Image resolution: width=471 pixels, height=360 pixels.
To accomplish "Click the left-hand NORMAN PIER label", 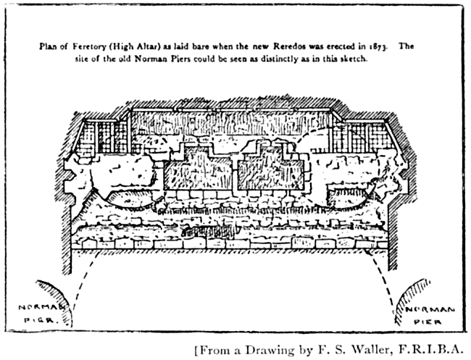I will click(38, 314).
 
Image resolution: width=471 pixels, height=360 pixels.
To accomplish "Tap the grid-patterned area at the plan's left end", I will click(98, 137).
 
